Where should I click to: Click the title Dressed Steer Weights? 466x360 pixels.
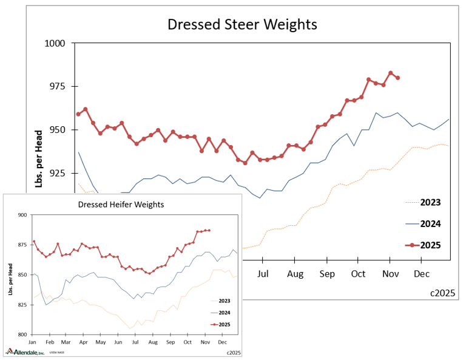[242, 25]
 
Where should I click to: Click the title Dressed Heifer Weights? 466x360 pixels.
[121, 204]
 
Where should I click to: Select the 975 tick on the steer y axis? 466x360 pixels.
[61, 87]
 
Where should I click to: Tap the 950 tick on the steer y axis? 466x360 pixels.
[61, 130]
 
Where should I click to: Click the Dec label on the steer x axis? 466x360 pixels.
[421, 274]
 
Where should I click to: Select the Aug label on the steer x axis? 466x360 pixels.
[295, 274]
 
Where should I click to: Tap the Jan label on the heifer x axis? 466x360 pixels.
[33, 342]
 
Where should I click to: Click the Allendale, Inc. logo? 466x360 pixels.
[25, 352]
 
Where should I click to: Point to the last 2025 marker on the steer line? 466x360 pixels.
[397, 78]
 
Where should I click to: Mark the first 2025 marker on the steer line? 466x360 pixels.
[78, 114]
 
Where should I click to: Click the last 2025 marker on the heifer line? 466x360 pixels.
[209, 230]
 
